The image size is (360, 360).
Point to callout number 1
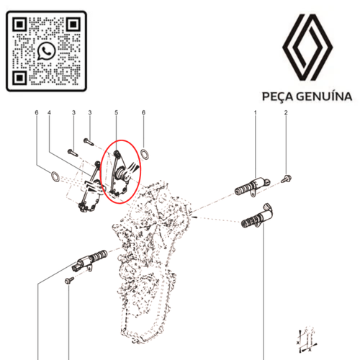click(256, 113)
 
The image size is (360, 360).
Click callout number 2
click(286, 113)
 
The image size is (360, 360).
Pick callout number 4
click(49, 113)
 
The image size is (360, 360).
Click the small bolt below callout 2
click(287, 177)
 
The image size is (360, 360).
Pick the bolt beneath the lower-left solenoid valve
click(69, 279)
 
